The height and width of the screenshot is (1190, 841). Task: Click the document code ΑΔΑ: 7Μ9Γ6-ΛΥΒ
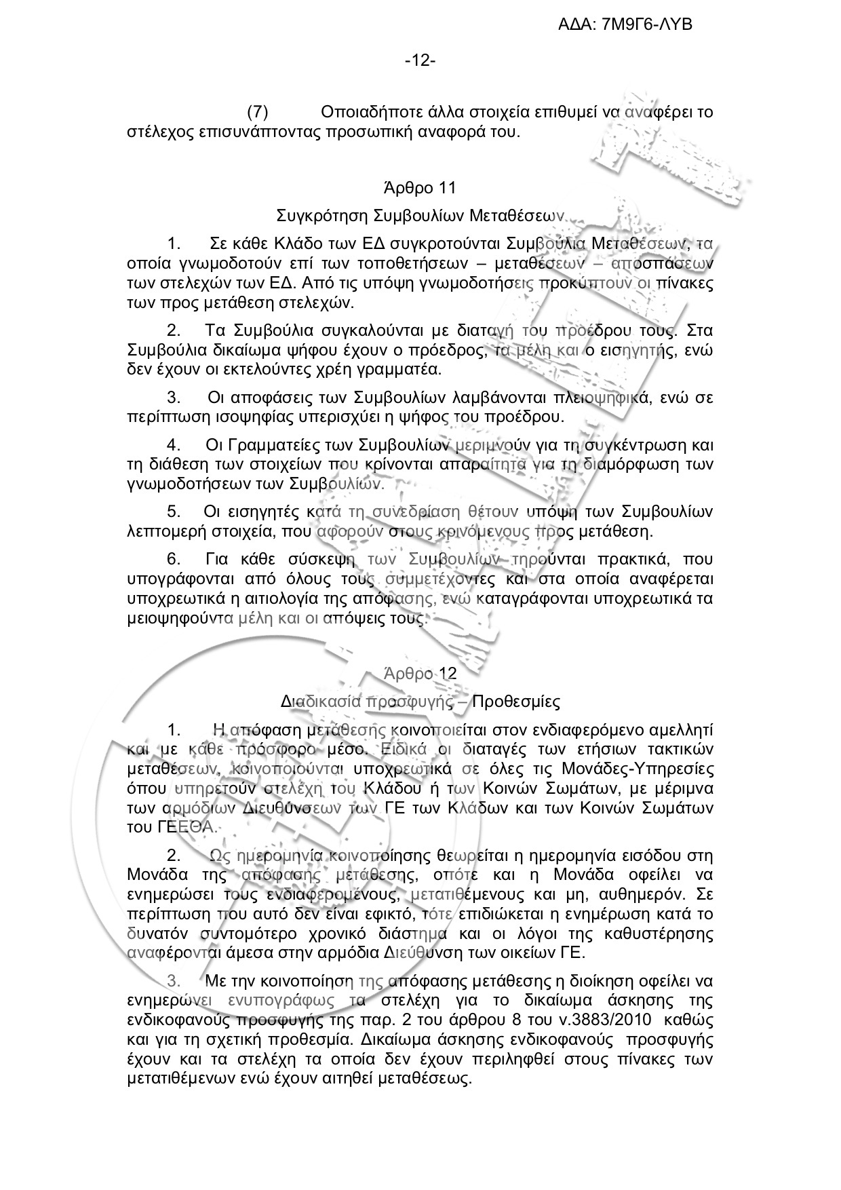625,25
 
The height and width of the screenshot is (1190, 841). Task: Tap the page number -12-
420,61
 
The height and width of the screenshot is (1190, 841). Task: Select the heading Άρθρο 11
420,187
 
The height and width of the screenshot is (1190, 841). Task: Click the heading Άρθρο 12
420,674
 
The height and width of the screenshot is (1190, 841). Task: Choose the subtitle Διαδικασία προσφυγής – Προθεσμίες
420,701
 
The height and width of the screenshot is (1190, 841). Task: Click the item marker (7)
258,111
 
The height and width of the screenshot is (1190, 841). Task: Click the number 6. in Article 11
174,559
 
